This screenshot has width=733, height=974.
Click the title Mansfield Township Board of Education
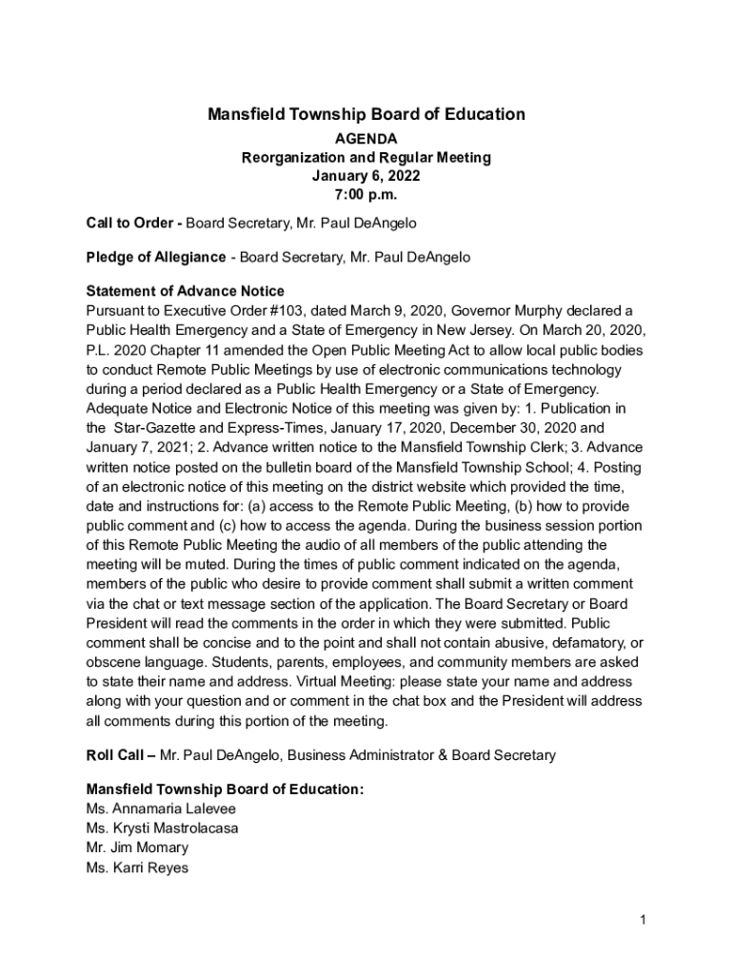click(366, 115)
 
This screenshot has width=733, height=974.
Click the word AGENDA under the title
click(366, 139)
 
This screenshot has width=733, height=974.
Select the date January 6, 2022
click(366, 176)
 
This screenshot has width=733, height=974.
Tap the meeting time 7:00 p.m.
click(366, 195)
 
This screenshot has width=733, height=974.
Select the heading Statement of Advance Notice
click(185, 291)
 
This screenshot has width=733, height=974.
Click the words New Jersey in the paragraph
click(457, 330)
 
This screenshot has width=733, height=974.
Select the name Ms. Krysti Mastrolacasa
click(162, 828)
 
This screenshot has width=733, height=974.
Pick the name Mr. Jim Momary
click(137, 847)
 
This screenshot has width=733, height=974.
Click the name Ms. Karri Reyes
click(137, 867)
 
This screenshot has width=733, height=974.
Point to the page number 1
click(644, 920)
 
